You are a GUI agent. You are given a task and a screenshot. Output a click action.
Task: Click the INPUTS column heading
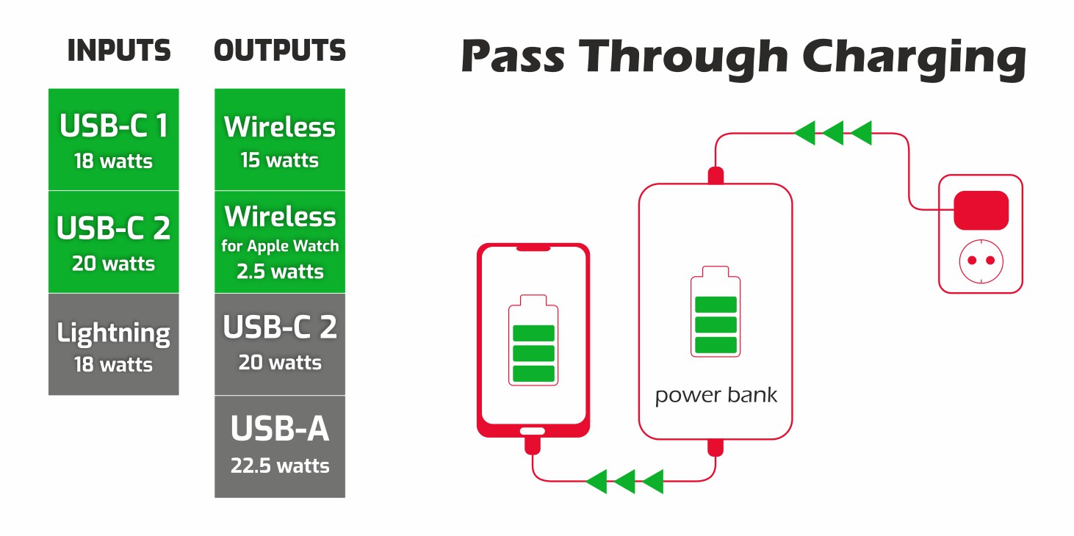(x=119, y=51)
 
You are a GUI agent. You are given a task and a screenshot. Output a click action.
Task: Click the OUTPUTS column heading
(x=280, y=51)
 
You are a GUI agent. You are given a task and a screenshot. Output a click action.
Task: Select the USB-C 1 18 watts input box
(x=114, y=140)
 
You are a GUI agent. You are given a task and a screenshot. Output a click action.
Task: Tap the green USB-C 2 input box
(x=114, y=242)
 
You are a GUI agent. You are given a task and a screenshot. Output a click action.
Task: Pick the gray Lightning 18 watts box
(x=114, y=344)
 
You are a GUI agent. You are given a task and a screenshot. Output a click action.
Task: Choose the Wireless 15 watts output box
(x=280, y=140)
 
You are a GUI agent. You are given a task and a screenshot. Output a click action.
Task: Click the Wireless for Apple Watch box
(x=280, y=242)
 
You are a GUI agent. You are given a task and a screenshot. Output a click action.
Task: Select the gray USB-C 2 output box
(x=280, y=344)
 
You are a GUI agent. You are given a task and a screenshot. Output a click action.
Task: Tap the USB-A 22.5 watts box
(x=280, y=446)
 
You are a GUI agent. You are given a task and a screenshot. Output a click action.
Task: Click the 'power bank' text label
(x=716, y=396)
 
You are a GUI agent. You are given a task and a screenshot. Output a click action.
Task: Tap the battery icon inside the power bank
(x=716, y=316)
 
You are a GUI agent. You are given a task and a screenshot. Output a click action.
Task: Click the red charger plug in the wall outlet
(x=981, y=211)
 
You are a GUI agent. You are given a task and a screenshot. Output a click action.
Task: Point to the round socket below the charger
(x=981, y=261)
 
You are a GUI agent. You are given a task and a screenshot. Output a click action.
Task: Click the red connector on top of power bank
(x=716, y=176)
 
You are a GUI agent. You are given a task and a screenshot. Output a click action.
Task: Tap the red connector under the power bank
(x=716, y=447)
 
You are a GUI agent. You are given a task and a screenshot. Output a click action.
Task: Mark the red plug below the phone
(x=533, y=445)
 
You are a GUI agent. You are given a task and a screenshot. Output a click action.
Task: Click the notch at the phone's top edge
(x=533, y=249)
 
